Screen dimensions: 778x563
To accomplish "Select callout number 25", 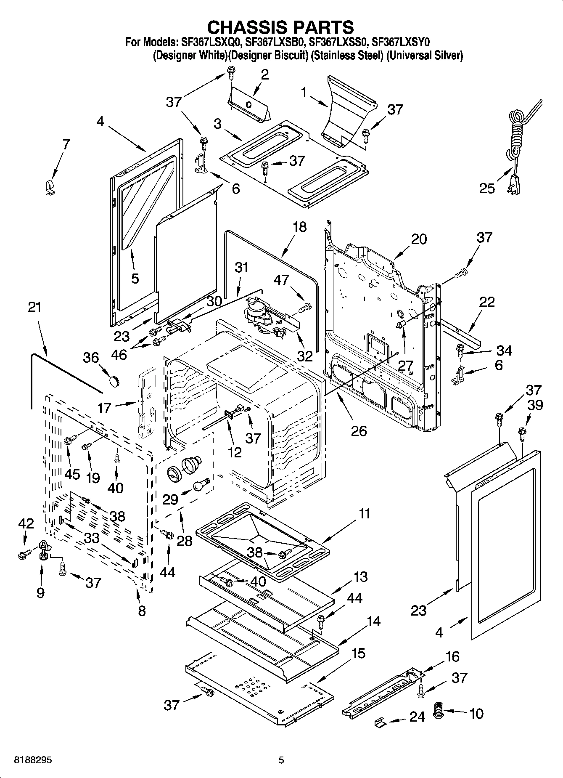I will (x=487, y=188).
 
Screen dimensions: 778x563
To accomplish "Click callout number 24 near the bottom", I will (x=417, y=717).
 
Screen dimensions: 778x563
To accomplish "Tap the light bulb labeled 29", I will (x=201, y=484).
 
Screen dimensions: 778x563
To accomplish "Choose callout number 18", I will (x=300, y=227).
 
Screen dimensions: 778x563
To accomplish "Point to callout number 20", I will (x=419, y=239).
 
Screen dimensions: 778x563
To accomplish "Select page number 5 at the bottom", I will (x=281, y=761).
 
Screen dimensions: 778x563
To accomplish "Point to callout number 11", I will (x=365, y=513).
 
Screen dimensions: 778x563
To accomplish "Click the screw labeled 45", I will (x=69, y=440).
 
